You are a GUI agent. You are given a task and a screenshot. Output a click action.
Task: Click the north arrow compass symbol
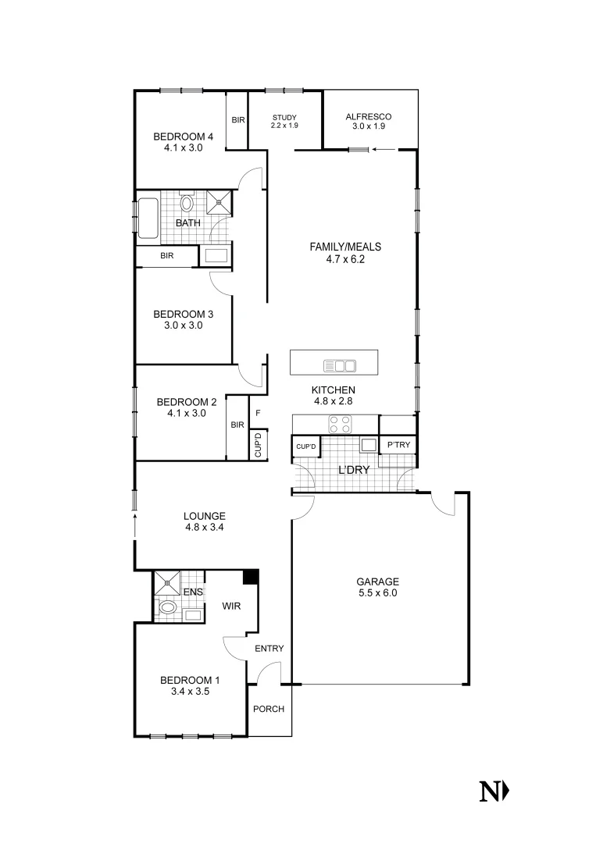point(494,791)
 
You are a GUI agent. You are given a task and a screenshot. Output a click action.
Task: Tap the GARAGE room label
point(377,582)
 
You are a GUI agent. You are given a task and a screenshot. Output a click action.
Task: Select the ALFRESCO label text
point(369,117)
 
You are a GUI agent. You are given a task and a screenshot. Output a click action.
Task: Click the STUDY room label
point(284,117)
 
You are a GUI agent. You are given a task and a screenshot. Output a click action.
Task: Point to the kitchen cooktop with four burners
point(340,424)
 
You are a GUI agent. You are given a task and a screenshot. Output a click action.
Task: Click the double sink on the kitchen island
point(340,365)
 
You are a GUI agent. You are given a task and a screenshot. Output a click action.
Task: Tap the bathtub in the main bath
point(148,218)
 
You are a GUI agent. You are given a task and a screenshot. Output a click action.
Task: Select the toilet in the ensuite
point(166,607)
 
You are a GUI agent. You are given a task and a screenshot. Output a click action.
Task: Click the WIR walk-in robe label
point(232,606)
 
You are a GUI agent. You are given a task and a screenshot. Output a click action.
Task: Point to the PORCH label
point(269,709)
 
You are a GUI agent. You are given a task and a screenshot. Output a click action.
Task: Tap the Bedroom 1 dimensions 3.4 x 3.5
point(185,691)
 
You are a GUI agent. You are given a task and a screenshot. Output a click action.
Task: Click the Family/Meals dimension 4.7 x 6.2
point(345,258)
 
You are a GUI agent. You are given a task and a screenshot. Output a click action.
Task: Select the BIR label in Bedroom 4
point(237,120)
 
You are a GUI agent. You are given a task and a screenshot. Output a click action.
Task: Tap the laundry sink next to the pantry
point(368,445)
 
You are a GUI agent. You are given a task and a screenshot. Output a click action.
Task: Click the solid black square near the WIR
point(250,577)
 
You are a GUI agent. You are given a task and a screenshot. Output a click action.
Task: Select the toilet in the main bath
point(187,203)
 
